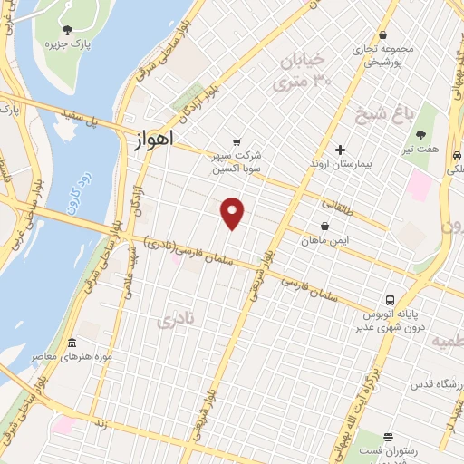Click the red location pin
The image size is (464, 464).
point(234,212)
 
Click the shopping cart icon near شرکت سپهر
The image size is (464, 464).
point(237,141)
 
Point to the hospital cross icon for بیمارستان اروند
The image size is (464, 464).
point(341,150)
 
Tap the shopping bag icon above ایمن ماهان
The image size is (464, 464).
point(324,227)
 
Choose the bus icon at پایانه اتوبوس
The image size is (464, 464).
point(389,299)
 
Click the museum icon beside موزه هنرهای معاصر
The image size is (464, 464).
point(72,343)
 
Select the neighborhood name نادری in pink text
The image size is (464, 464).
point(177,320)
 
